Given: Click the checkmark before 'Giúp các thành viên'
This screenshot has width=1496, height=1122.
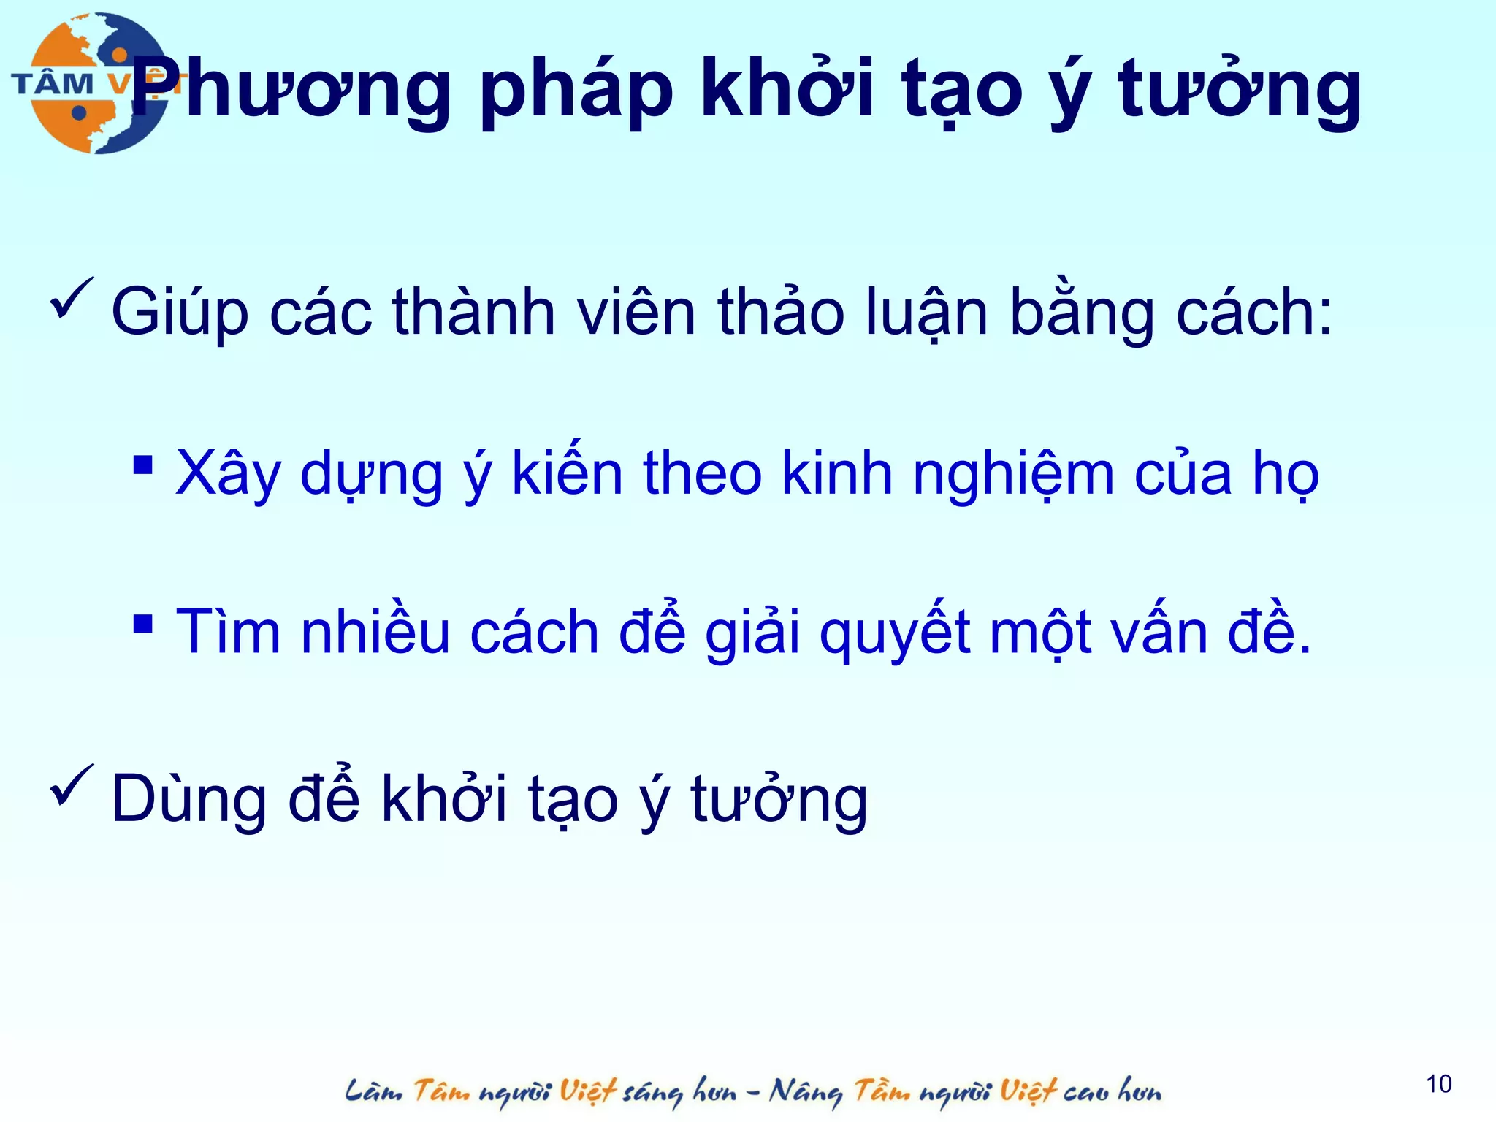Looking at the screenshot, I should point(72,299).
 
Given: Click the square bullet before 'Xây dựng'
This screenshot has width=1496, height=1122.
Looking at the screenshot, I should point(143,465).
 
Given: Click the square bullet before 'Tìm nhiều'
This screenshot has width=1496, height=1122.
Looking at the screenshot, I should point(143,624).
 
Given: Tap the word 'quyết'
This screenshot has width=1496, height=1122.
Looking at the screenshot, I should point(896,633).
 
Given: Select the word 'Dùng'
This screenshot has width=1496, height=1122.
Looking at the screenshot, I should point(189,801).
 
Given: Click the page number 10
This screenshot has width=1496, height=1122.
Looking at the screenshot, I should point(1438,1084).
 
